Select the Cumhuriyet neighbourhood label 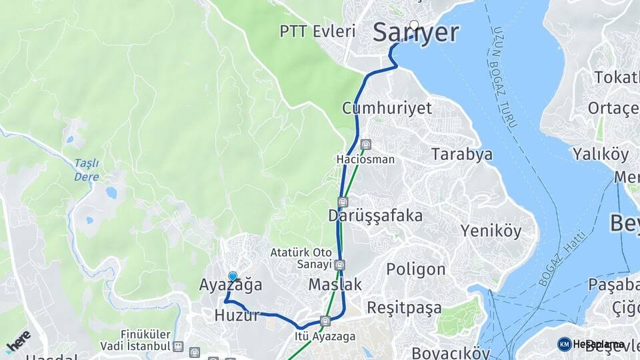[x=387, y=108]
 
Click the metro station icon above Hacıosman [x=365, y=145]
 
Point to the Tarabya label [x=461, y=155]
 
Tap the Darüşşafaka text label [x=375, y=216]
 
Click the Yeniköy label [x=491, y=231]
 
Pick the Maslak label [x=335, y=285]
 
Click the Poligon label [x=415, y=269]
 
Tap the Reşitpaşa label [x=404, y=308]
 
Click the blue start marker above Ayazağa [x=233, y=276]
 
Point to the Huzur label [x=237, y=316]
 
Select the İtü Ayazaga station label [x=325, y=337]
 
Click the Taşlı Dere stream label [x=86, y=170]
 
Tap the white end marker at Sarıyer [x=415, y=25]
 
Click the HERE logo [x=18, y=341]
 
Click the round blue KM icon [x=564, y=344]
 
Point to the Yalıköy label [x=600, y=155]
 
